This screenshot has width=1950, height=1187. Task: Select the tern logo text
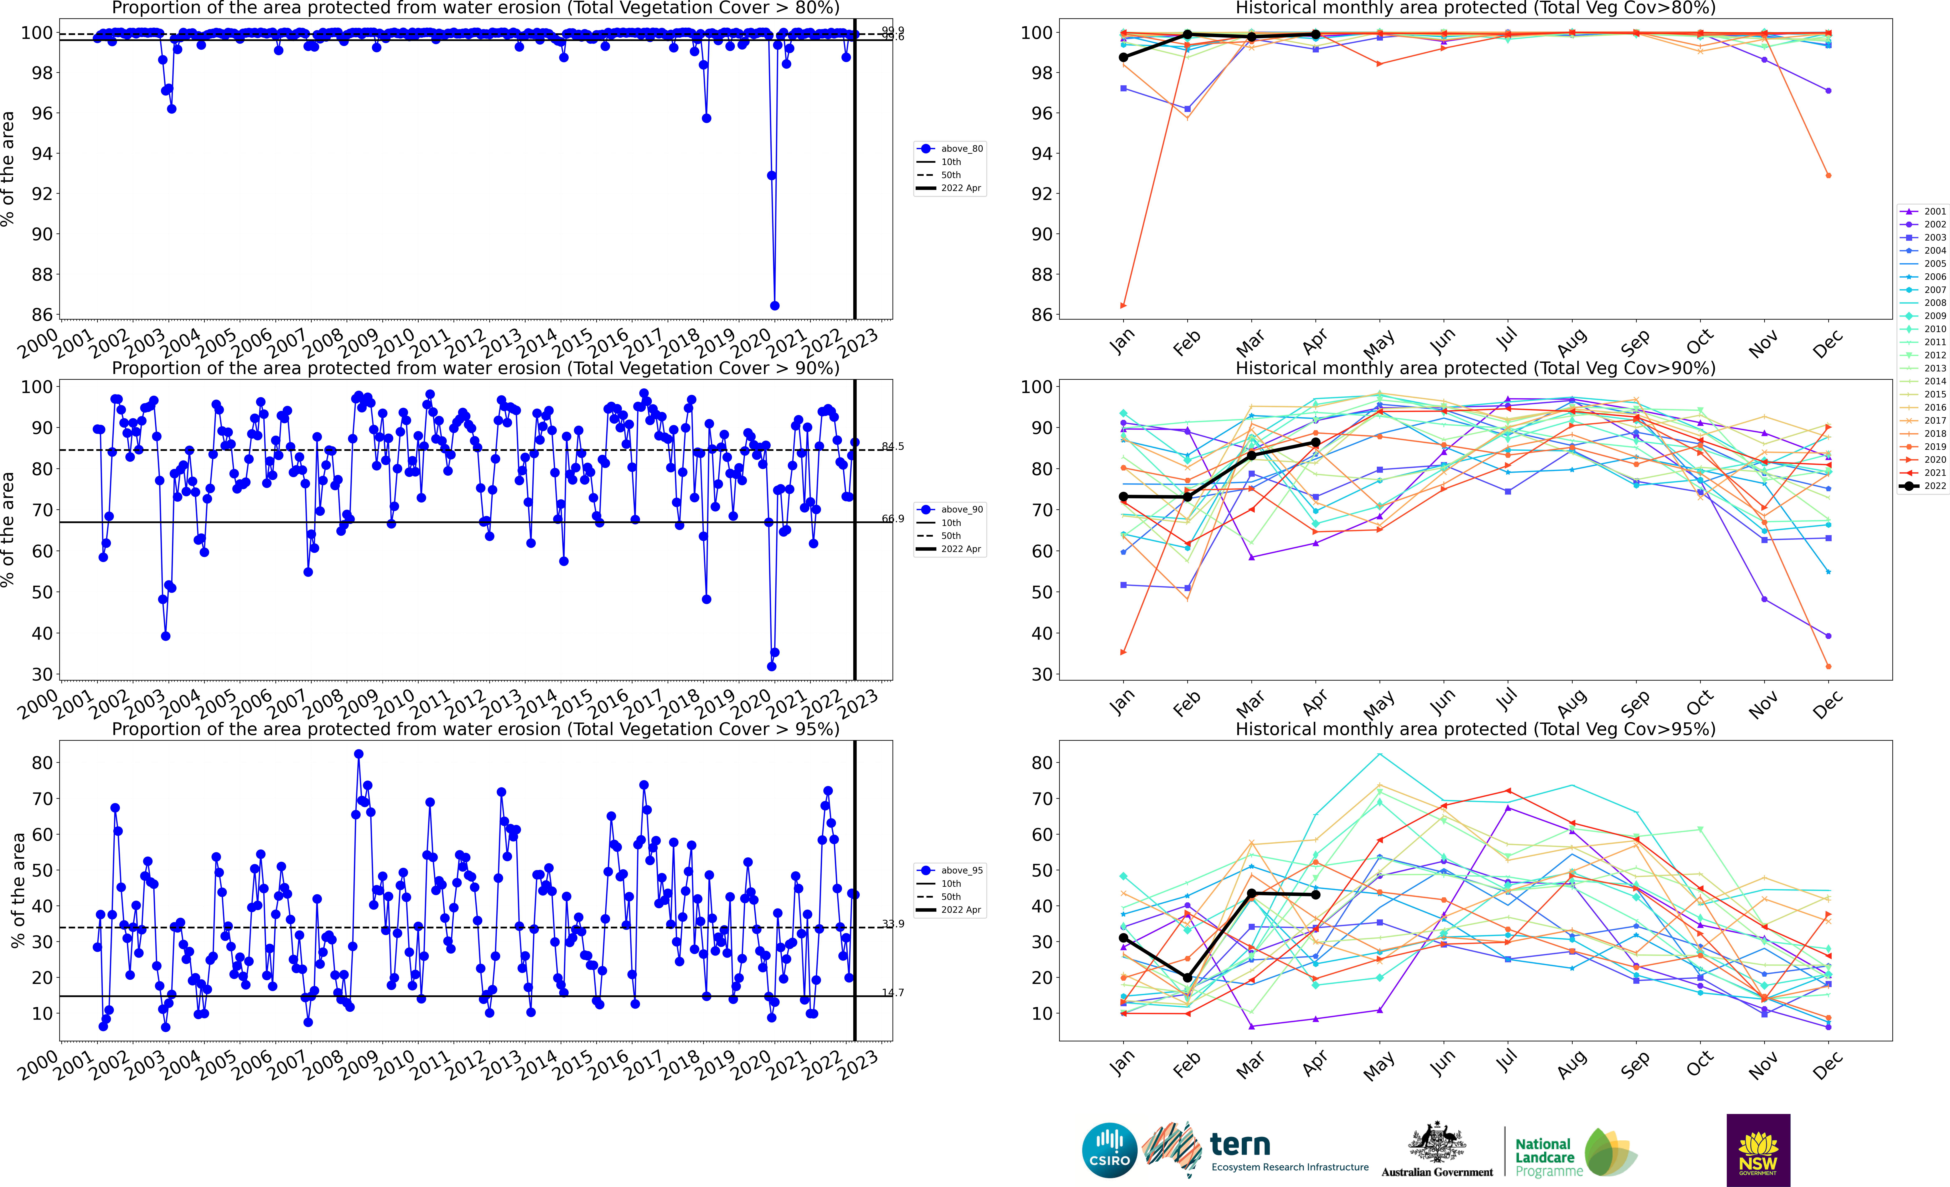[x=1240, y=1145]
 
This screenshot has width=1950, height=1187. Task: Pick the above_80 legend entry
[x=950, y=149]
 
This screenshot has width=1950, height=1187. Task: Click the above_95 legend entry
[x=950, y=871]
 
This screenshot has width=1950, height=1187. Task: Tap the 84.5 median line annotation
[x=893, y=446]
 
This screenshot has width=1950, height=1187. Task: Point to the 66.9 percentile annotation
[x=893, y=519]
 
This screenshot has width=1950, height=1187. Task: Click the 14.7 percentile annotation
[x=893, y=992]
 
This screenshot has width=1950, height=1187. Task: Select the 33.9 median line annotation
[x=893, y=923]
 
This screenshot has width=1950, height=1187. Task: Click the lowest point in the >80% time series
[x=775, y=305]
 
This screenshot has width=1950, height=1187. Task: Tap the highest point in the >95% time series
[x=358, y=754]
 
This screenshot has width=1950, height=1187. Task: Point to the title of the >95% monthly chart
[x=1475, y=729]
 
